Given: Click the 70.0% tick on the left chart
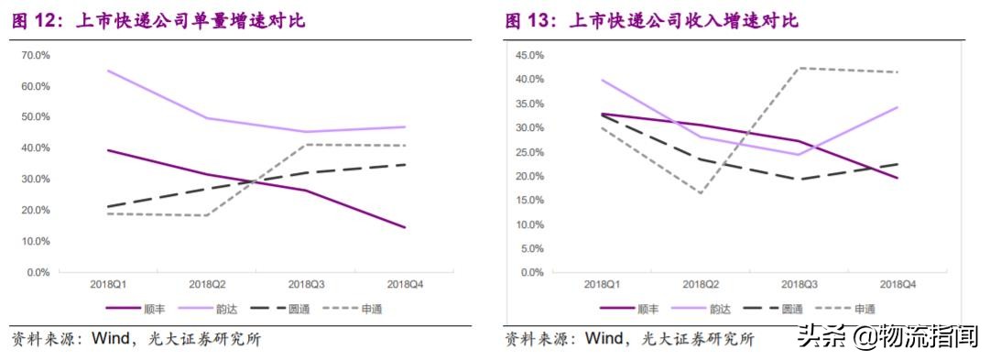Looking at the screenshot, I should (x=35, y=55).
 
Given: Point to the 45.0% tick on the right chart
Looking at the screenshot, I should (x=530, y=55).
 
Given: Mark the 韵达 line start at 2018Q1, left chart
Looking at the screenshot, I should (x=109, y=71).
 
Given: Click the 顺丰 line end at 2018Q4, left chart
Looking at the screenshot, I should (x=405, y=227).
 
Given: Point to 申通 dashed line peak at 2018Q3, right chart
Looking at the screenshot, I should (x=798, y=68).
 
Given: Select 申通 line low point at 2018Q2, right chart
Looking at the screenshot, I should (x=700, y=192).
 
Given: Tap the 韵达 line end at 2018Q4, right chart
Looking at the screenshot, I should (x=897, y=107).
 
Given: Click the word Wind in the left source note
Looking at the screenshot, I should (x=111, y=339).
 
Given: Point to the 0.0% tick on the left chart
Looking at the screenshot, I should (x=38, y=272).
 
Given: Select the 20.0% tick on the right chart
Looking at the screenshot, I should (x=530, y=176).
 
